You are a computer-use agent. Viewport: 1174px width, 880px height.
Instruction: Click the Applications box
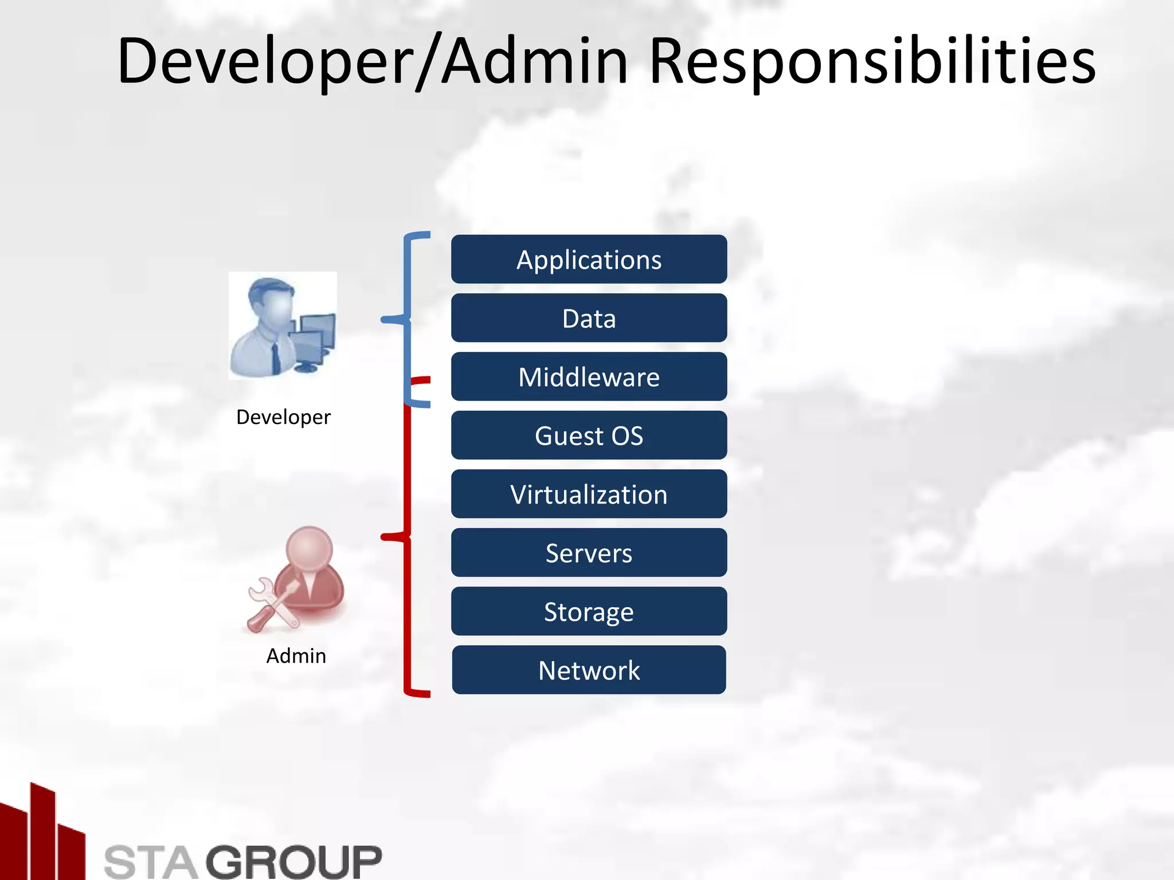point(589,260)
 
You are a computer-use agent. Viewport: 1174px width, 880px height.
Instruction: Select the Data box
point(589,318)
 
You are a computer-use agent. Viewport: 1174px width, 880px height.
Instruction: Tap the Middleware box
point(589,377)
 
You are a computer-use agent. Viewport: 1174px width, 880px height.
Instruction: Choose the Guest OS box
point(589,435)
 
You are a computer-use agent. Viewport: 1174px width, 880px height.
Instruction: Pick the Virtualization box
point(589,494)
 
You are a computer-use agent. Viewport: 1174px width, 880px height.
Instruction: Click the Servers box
point(589,553)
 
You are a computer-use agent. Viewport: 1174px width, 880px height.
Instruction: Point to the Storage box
point(589,611)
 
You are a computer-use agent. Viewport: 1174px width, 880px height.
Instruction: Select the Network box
point(589,670)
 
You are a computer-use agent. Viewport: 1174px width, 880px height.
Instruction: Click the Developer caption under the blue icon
point(283,417)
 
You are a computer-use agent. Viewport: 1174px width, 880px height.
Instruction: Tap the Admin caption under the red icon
point(296,655)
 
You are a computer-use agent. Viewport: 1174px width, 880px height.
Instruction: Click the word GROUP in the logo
point(293,861)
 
